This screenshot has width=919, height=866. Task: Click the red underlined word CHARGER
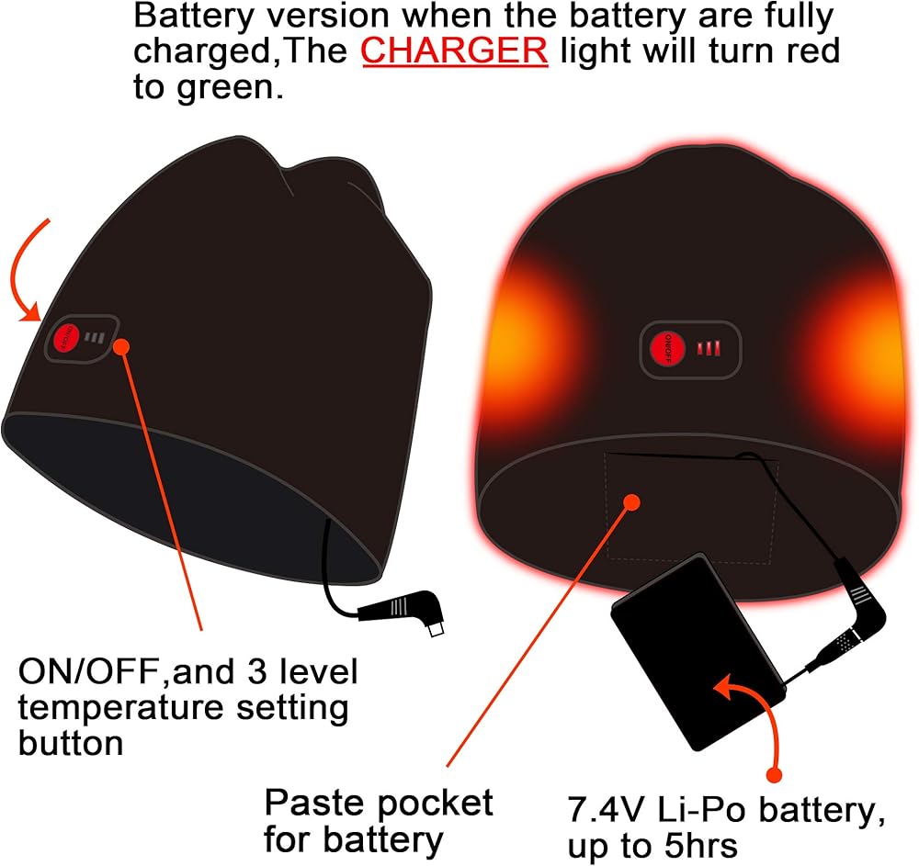[x=455, y=51]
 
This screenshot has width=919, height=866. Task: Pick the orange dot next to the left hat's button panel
[x=121, y=346]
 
